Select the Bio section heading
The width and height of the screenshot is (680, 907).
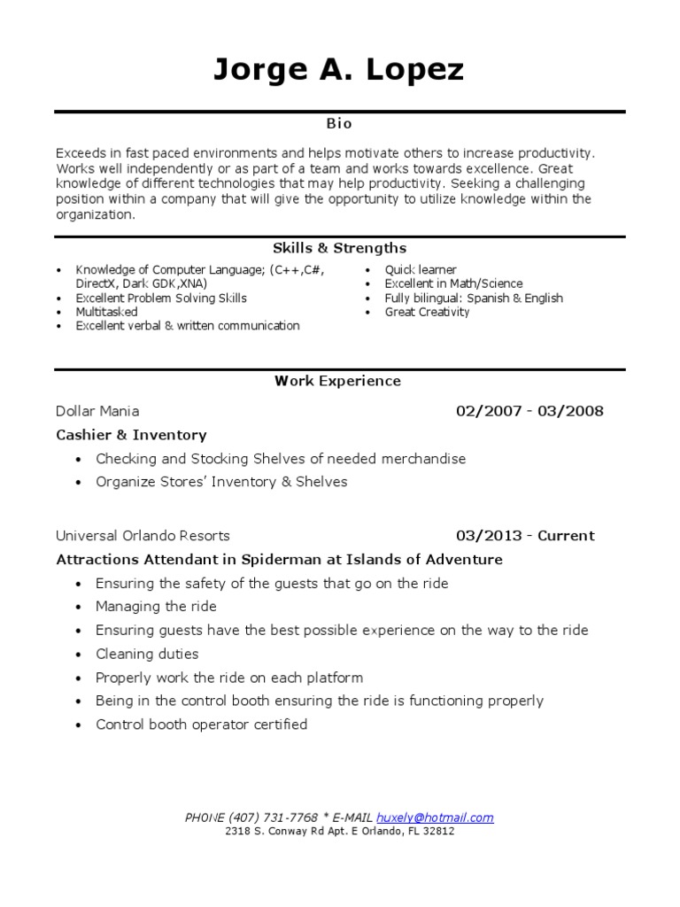coord(339,125)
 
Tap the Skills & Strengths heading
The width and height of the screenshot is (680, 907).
coord(339,248)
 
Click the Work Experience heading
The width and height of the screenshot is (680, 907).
coord(337,381)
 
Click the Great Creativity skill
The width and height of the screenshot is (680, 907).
coord(427,312)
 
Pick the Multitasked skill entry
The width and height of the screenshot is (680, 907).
coord(106,312)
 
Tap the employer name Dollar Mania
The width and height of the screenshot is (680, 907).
coord(97,411)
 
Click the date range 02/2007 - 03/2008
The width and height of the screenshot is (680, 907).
coord(529,411)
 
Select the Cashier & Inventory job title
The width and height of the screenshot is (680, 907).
coord(131,435)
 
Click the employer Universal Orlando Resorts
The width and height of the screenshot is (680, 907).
coord(143,535)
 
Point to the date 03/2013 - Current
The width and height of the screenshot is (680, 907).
coord(525,535)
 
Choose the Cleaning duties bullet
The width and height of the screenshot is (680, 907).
coord(147,654)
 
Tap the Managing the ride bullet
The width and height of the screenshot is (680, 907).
coord(156,607)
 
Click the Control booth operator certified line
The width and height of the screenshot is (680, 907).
coord(201,725)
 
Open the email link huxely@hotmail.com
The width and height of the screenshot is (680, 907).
coord(435,818)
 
